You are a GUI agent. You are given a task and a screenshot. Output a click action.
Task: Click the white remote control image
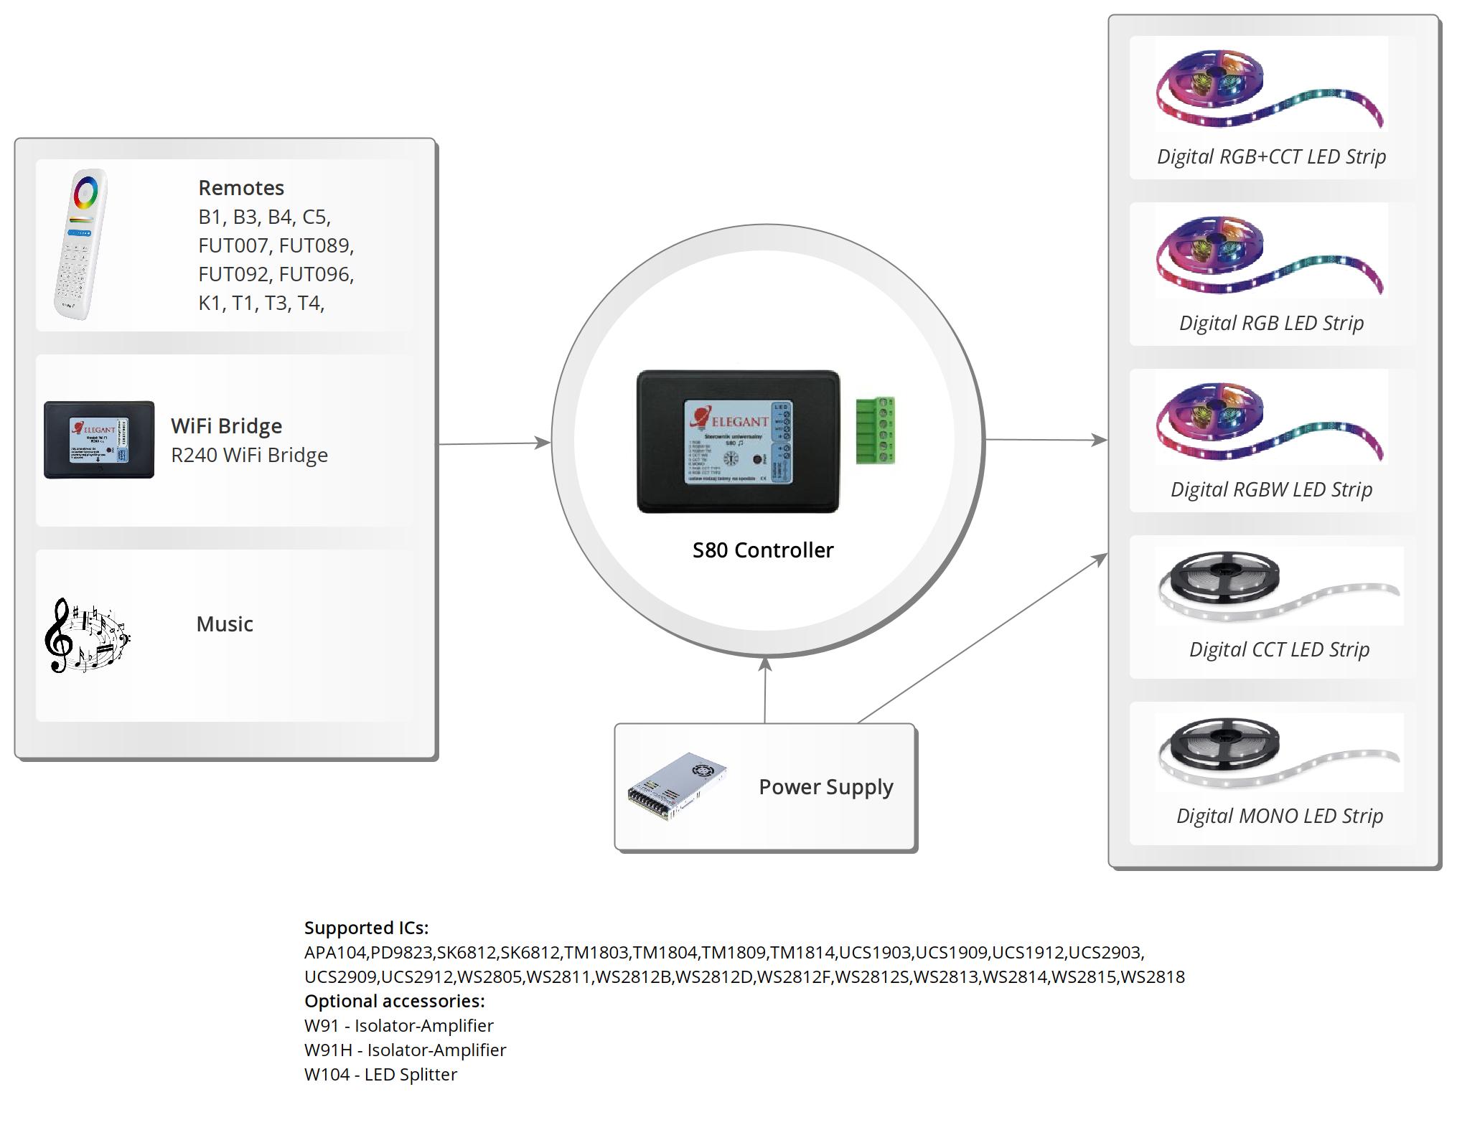pos(80,245)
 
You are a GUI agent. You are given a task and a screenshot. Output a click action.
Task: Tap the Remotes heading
pos(241,188)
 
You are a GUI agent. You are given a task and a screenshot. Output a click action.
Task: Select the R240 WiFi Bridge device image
pos(99,440)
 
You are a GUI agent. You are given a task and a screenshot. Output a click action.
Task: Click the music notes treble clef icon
pos(86,636)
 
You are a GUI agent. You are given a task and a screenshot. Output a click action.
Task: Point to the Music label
pos(225,624)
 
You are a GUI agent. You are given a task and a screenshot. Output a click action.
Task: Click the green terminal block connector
pos(875,430)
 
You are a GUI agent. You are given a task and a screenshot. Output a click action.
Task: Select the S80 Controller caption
pos(763,550)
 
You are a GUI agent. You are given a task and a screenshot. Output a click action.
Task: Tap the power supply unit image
pos(677,787)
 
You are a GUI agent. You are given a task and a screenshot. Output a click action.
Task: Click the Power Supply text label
pos(826,787)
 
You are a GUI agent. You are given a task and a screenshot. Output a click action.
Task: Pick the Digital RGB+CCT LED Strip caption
pos(1271,156)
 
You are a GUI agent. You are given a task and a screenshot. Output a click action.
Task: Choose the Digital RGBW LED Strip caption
pos(1271,489)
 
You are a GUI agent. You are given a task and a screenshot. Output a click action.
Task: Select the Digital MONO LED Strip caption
pos(1279,816)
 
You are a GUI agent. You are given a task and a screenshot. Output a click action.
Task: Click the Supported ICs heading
pos(366,928)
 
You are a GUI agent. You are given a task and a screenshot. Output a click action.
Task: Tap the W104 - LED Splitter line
pos(380,1074)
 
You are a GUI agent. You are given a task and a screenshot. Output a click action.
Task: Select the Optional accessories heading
pos(394,1001)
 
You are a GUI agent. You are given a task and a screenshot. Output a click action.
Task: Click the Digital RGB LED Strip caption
pos(1271,323)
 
